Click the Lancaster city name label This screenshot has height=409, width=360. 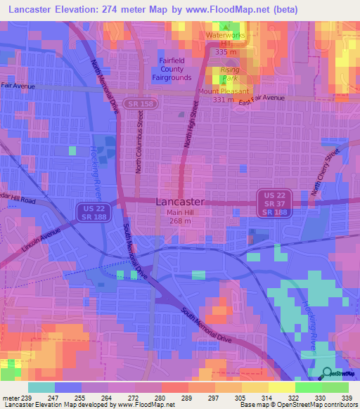coord(180,201)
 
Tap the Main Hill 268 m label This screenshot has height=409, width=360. coord(180,217)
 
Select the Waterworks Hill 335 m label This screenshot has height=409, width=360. coord(225,41)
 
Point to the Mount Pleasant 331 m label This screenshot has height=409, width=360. coord(223,96)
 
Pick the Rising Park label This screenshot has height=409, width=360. coord(229,74)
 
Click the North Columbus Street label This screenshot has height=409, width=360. coord(141,147)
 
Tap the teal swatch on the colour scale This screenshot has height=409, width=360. coord(41,387)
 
